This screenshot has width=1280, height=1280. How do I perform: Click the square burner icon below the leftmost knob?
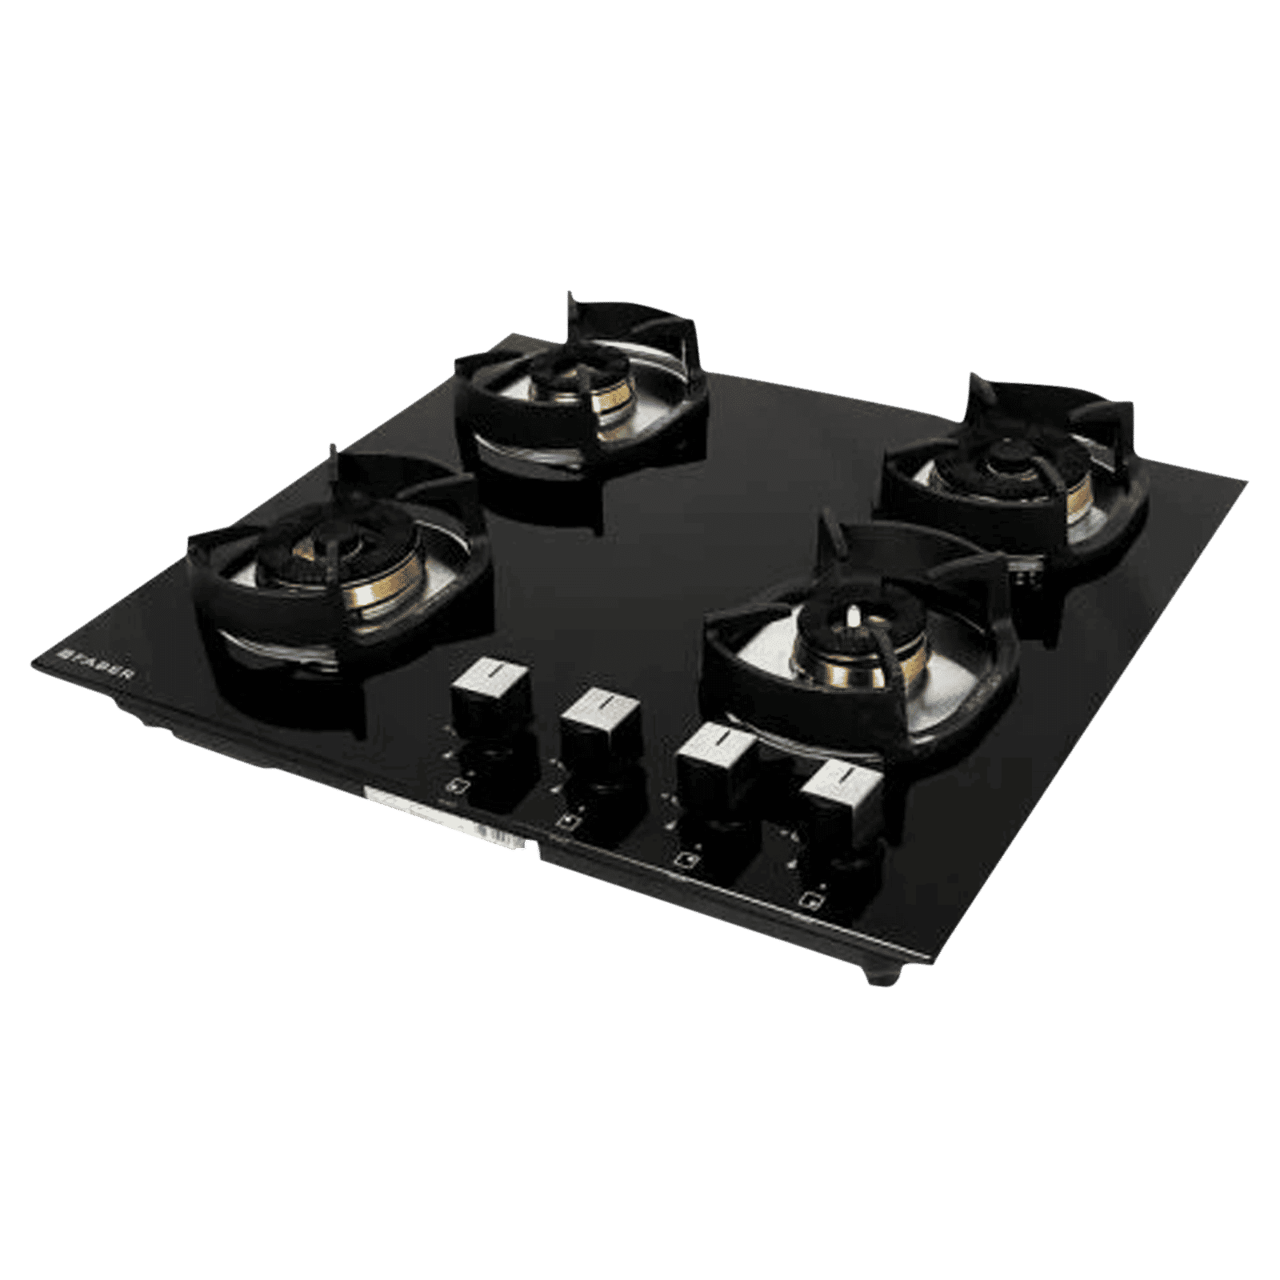click(453, 785)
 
